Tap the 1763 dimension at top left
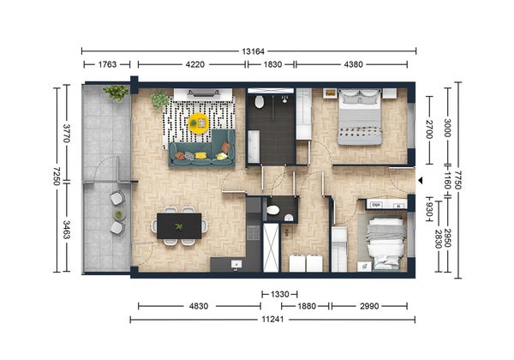click(107, 64)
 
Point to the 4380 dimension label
click(352, 64)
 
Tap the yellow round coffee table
click(198, 123)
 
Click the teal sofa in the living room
click(201, 151)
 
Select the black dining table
click(179, 226)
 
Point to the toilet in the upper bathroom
click(259, 102)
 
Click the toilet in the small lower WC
click(272, 209)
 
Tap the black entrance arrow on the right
click(419, 179)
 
